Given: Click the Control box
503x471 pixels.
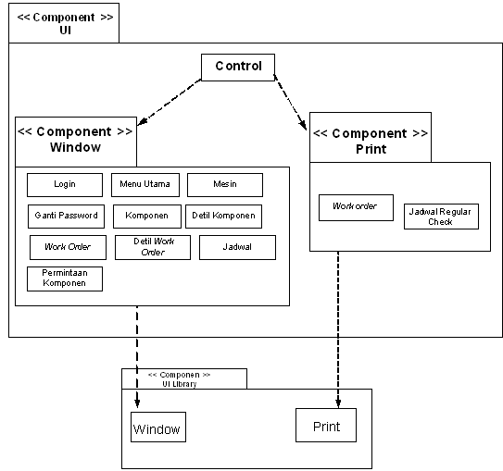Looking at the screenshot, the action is pyautogui.click(x=238, y=68).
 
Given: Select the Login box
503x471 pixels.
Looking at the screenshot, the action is pyautogui.click(x=65, y=185).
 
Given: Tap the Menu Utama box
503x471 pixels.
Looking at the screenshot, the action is pyautogui.click(x=145, y=185).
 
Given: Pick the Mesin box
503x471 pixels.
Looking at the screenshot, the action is pyautogui.click(x=225, y=185).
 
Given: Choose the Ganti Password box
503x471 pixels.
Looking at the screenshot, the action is pyautogui.click(x=66, y=217).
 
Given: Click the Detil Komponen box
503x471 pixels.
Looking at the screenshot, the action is pyautogui.click(x=223, y=217).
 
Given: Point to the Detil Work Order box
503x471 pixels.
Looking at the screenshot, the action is pyautogui.click(x=153, y=247).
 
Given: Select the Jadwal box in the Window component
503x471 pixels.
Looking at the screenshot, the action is pyautogui.click(x=237, y=247).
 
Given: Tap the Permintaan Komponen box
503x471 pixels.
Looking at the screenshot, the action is pyautogui.click(x=65, y=279).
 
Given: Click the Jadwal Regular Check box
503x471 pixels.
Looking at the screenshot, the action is pyautogui.click(x=441, y=217).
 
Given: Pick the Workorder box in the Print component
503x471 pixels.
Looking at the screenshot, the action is pyautogui.click(x=356, y=207).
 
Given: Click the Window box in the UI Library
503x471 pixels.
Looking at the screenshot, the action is pyautogui.click(x=158, y=427).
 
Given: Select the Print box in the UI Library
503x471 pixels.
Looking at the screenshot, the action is pyautogui.click(x=326, y=425).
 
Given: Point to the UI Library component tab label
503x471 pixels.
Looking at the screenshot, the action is pyautogui.click(x=180, y=379).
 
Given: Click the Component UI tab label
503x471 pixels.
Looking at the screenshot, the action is pyautogui.click(x=65, y=23).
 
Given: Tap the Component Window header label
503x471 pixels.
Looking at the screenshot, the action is pyautogui.click(x=75, y=140).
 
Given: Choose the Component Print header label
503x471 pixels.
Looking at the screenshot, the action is pyautogui.click(x=371, y=141).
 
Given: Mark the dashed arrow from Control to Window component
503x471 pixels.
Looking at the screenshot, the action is pyautogui.click(x=170, y=102).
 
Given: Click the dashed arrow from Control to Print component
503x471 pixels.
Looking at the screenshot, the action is pyautogui.click(x=290, y=102).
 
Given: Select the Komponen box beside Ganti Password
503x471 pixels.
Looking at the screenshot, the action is pyautogui.click(x=147, y=217).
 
